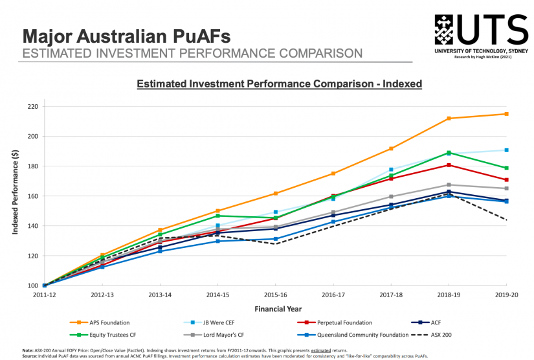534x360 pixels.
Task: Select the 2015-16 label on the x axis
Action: point(275,295)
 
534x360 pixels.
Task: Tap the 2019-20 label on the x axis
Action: point(506,295)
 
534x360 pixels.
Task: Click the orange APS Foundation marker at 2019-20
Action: point(506,114)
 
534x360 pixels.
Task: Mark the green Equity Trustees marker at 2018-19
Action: point(449,153)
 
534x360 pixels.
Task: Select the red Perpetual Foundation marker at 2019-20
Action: point(506,179)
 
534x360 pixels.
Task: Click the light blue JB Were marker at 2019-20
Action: point(506,150)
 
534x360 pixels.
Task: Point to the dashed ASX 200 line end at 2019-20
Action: point(506,220)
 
